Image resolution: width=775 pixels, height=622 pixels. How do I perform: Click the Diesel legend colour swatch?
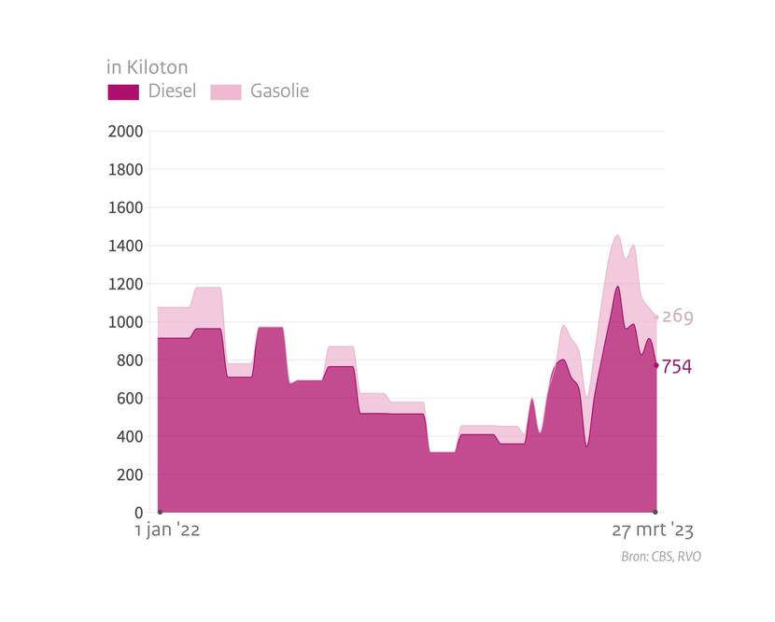[123, 92]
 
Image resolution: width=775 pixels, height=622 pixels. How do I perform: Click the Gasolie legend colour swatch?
[225, 92]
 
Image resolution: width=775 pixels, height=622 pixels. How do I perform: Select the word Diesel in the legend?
[172, 92]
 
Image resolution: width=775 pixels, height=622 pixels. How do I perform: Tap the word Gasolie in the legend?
[279, 92]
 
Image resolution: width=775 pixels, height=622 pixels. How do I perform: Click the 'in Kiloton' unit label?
[147, 67]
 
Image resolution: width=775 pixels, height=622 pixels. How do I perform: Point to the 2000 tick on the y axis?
[125, 132]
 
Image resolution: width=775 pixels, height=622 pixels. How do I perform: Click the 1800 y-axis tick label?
[125, 170]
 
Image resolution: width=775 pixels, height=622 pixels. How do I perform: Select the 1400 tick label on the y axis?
[125, 246]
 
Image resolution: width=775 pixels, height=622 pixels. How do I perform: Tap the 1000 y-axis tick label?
[125, 322]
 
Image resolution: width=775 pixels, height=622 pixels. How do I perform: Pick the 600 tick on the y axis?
[130, 399]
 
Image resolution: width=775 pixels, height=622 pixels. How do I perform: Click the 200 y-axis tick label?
[130, 474]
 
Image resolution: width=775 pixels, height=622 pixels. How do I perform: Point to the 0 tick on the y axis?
[137, 513]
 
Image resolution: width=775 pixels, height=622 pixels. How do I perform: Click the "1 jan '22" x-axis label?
[167, 531]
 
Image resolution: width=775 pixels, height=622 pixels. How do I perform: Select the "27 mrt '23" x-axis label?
[653, 531]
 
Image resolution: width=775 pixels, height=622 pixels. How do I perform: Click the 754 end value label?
[677, 367]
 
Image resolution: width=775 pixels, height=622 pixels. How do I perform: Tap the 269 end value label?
[677, 317]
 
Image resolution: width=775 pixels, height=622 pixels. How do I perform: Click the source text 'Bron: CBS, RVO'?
[660, 557]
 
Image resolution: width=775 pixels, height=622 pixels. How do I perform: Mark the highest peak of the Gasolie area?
[617, 235]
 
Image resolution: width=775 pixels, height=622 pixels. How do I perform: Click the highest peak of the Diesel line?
[617, 287]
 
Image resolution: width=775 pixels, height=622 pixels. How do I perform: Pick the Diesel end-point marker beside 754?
[655, 365]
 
